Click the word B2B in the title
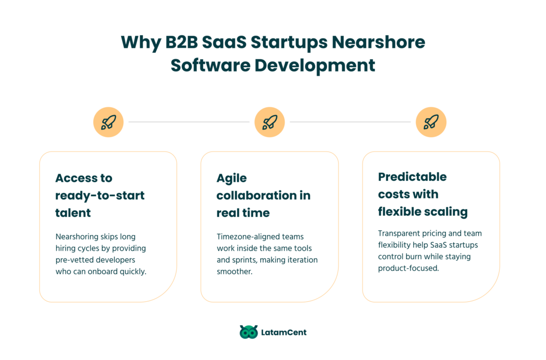(181, 42)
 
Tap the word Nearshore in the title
(379, 42)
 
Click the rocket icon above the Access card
(108, 122)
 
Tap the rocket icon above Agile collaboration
(269, 122)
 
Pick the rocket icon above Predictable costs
(431, 122)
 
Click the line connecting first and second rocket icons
(189, 122)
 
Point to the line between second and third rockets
(350, 122)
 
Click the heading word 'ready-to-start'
(100, 196)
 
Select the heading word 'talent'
(73, 213)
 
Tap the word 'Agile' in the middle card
(231, 179)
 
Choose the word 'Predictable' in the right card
(412, 177)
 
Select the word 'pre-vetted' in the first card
(74, 260)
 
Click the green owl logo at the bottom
(248, 332)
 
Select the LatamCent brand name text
(284, 332)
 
